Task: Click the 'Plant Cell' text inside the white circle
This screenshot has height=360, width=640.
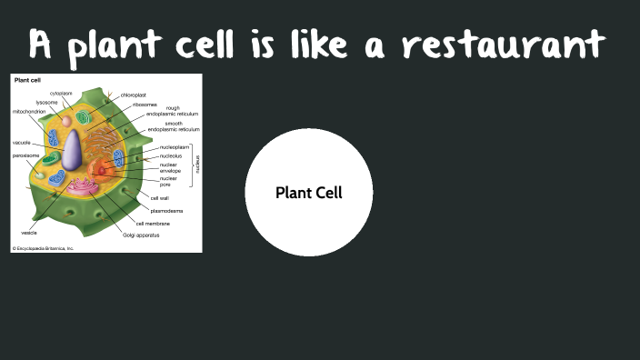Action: coord(309,193)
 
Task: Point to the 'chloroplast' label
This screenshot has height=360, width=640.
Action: coord(135,95)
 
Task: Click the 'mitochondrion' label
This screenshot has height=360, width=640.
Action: coord(28,111)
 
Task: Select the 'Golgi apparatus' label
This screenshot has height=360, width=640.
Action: coord(141,235)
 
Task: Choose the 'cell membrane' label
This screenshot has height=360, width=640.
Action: coord(153,223)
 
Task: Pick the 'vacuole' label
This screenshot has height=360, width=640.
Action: coord(22,143)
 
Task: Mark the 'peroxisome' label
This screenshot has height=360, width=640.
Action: coord(26,156)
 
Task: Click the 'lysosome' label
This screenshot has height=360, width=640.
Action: coord(46,103)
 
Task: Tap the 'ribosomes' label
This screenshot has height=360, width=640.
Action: coord(145,105)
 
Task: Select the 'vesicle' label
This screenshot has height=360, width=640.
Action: coord(29,233)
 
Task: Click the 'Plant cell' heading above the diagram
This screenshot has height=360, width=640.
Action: coord(26,80)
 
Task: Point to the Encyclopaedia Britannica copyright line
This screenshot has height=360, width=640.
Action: coord(45,247)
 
